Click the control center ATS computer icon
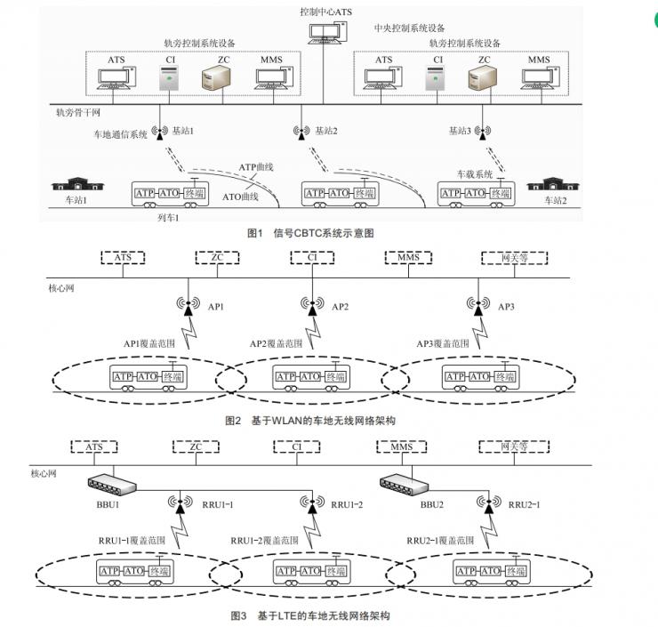tap(322, 32)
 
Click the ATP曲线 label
tap(256, 166)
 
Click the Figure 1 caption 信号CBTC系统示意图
tap(309, 233)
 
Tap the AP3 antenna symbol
tap(477, 304)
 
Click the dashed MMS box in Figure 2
tap(410, 258)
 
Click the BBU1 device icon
tap(113, 485)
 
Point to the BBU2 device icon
tap(405, 485)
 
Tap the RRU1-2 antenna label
tap(348, 504)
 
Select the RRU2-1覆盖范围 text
tap(440, 540)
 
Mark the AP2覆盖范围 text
tap(276, 342)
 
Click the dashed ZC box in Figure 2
tap(217, 258)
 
